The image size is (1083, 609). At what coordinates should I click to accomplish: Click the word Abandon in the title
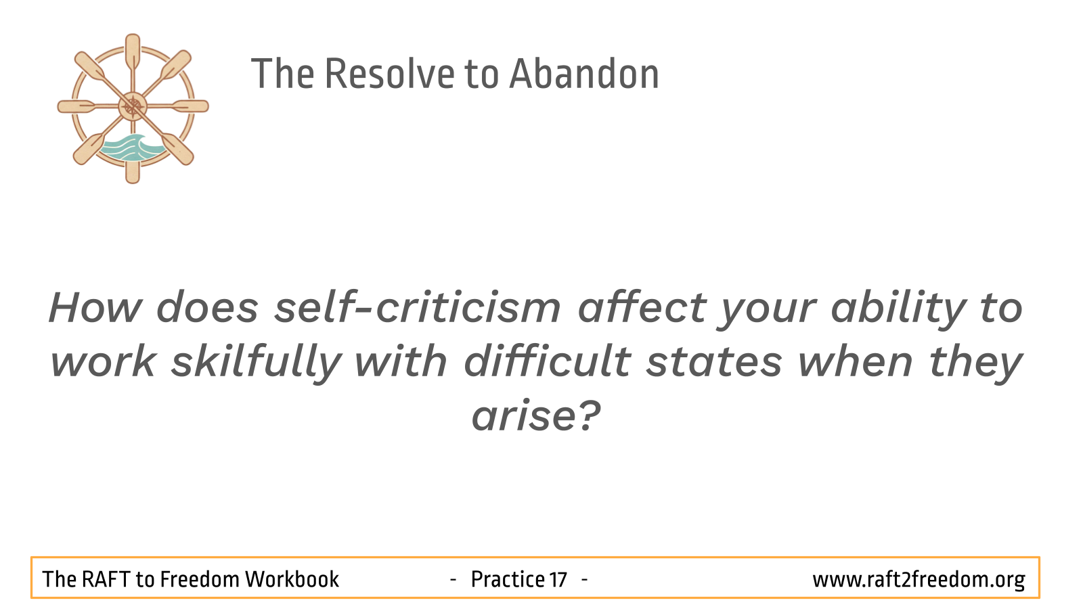click(585, 74)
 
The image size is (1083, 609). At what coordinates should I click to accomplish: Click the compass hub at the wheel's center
click(133, 106)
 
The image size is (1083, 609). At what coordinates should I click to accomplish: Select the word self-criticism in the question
click(418, 308)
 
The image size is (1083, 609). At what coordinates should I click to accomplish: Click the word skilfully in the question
click(257, 362)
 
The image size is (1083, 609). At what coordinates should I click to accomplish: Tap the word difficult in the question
click(548, 361)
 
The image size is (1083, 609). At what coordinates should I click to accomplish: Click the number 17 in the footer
click(558, 579)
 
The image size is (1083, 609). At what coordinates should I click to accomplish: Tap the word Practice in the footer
click(508, 579)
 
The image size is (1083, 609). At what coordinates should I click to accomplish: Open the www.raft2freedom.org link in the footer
click(919, 580)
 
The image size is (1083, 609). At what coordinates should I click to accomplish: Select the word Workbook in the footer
click(292, 579)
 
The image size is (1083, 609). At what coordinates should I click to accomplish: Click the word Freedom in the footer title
click(200, 579)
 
